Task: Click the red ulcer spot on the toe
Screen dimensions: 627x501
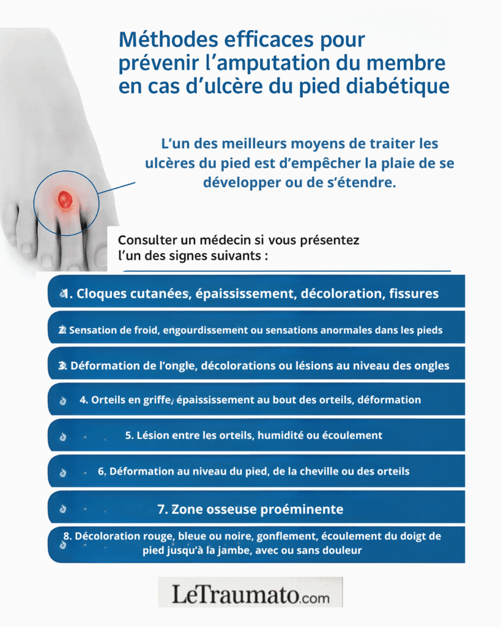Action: click(64, 199)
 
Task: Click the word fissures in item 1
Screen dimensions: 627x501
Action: click(414, 293)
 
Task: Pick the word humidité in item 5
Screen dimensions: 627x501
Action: click(280, 435)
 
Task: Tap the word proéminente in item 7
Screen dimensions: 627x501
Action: click(300, 509)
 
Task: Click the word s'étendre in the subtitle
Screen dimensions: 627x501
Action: click(360, 184)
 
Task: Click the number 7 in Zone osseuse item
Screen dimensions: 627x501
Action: click(161, 509)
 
